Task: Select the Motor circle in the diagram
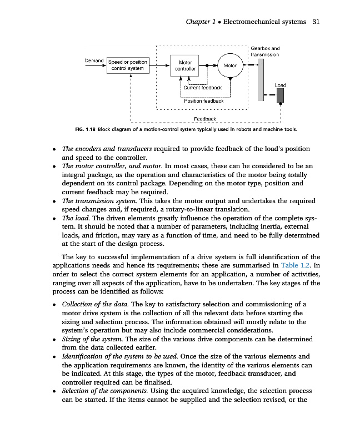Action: click(x=230, y=65)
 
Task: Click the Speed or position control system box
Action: click(x=127, y=65)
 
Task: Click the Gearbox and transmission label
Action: click(x=266, y=52)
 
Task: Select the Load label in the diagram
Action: click(x=281, y=85)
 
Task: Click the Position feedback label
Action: click(x=204, y=100)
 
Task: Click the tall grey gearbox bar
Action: click(x=261, y=80)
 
